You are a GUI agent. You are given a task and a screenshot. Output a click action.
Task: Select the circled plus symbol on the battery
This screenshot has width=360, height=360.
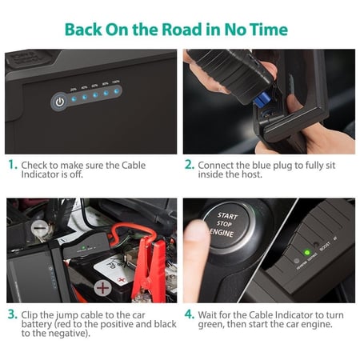[x=102, y=286]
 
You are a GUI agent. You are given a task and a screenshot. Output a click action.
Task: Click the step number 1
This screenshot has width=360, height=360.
[x=11, y=164]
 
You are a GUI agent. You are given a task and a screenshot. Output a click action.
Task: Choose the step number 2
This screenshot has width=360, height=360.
[x=189, y=164]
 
